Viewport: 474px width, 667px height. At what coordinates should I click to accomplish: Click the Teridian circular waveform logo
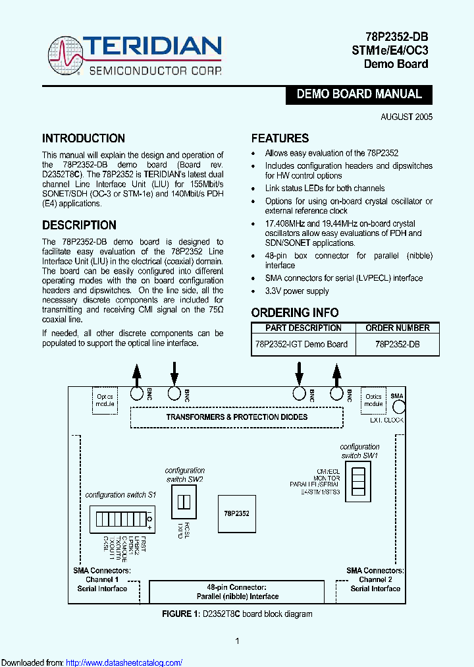point(65,56)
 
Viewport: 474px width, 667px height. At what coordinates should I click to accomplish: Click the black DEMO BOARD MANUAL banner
point(359,94)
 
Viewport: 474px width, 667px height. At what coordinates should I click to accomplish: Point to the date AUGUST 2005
point(406,117)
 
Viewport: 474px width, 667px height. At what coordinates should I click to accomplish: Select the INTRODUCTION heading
point(84,138)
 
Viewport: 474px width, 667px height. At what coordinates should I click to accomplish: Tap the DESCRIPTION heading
point(79,225)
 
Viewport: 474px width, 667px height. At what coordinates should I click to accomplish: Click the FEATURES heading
point(280,138)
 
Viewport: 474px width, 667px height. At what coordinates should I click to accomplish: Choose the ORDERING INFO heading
point(295,312)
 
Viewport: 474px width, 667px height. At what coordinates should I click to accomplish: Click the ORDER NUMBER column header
point(398,328)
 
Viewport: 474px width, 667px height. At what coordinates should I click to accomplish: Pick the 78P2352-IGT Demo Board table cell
point(301,344)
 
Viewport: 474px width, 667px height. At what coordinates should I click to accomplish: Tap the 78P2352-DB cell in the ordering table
point(398,344)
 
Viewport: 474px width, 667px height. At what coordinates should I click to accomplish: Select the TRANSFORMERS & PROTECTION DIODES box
point(236,417)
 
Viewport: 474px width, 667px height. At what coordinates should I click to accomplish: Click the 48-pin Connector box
point(237,591)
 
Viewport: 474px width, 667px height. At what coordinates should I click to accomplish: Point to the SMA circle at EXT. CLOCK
point(397,406)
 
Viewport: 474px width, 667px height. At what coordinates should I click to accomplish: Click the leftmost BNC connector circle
point(137,393)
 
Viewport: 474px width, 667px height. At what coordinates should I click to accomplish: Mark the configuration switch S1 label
point(120,494)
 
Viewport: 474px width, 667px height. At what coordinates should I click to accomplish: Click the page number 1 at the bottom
point(237,641)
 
